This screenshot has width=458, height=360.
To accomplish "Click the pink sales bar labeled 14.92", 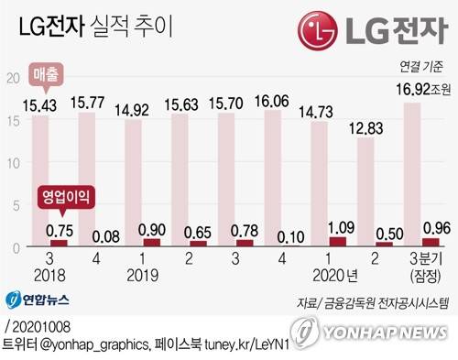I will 134,183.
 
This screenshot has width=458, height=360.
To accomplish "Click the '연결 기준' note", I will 421,66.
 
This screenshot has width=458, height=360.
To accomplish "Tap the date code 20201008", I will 41,326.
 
